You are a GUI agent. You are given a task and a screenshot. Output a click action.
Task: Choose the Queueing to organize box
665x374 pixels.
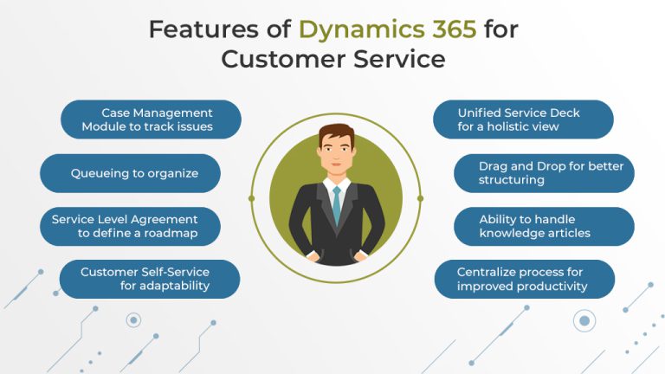click(131, 173)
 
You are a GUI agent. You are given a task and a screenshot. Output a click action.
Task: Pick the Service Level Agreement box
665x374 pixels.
click(130, 226)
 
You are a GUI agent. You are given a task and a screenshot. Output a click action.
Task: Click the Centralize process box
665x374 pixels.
click(524, 279)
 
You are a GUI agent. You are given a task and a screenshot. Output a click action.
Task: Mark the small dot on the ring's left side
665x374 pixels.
click(251, 197)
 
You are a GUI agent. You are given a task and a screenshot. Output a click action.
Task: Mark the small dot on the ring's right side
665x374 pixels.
click(421, 197)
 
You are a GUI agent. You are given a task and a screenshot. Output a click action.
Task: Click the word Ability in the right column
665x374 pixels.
click(496, 219)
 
